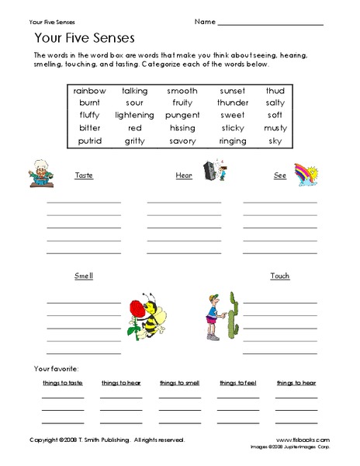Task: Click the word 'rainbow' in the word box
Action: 90,91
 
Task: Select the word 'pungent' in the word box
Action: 182,116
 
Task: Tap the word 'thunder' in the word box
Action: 232,103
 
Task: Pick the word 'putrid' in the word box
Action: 89,141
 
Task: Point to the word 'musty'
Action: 275,128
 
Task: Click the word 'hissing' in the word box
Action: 182,128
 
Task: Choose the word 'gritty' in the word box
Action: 134,141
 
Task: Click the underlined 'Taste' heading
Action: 84,176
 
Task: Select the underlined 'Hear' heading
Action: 184,176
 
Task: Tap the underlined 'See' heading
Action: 280,176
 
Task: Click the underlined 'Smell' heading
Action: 83,276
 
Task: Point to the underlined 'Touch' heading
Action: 279,276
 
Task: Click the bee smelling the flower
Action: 149,316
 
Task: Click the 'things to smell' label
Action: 180,383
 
